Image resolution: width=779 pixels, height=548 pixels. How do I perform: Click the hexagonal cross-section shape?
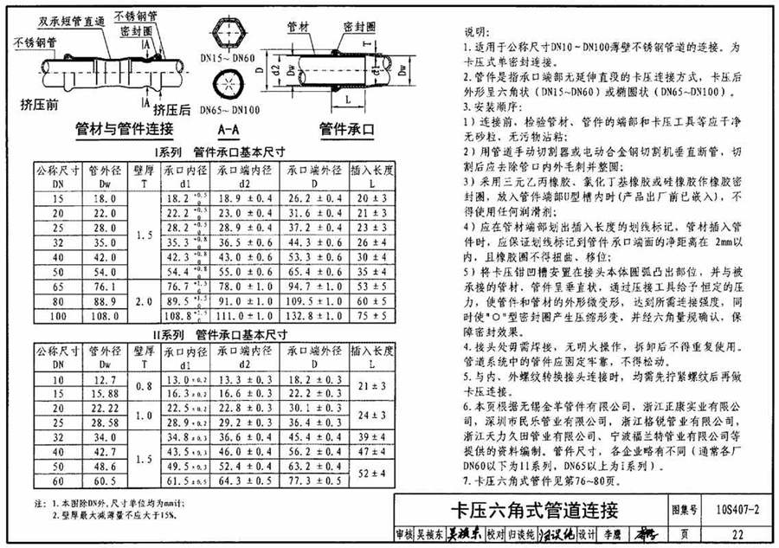pyautogui.click(x=227, y=32)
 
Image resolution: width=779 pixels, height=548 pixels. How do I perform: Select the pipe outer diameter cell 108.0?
pyautogui.click(x=104, y=317)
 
